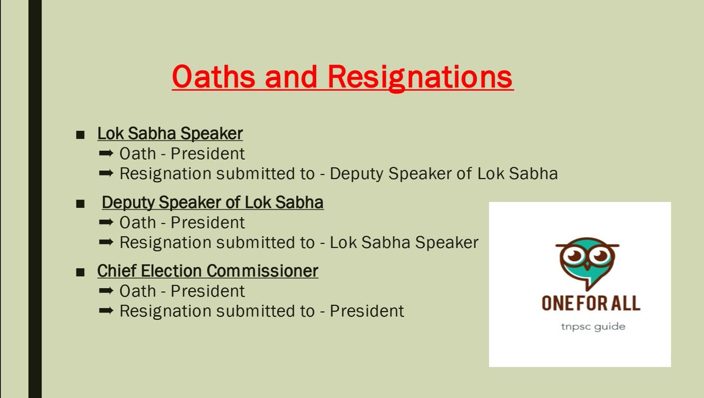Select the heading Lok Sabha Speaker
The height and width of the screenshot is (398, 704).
[170, 134]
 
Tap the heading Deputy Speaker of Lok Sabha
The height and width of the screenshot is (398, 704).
[212, 203]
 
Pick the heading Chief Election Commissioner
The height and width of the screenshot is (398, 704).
[208, 271]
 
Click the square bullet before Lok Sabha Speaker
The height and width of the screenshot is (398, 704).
[80, 135]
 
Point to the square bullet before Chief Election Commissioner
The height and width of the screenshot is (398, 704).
[80, 272]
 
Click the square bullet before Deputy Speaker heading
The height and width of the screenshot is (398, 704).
[80, 204]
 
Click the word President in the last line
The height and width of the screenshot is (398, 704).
[367, 311]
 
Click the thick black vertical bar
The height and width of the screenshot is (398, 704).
[35, 199]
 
